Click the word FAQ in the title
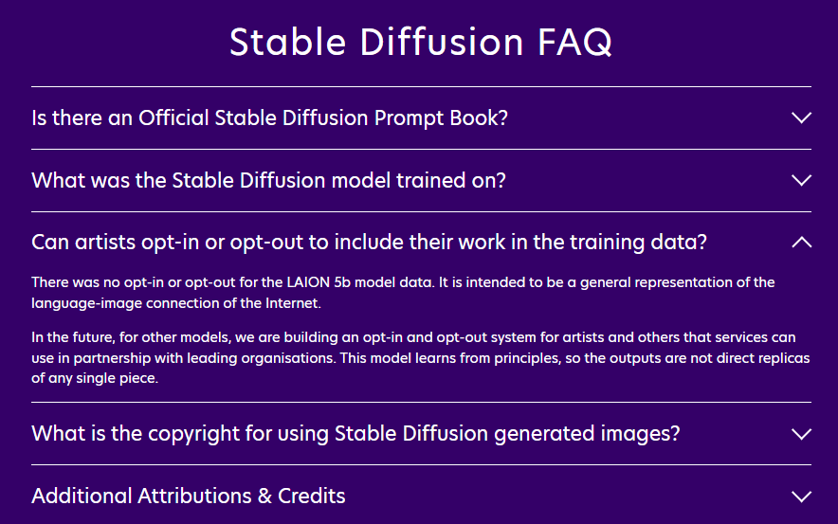point(574,43)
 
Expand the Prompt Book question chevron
point(801,118)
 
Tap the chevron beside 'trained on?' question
point(801,181)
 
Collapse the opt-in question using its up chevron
point(801,243)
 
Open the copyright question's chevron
point(801,434)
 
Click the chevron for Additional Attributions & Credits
point(801,497)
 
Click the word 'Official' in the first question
point(173,118)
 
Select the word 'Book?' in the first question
point(479,118)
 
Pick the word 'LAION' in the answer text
point(308,282)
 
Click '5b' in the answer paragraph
point(342,282)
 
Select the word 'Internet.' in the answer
point(293,303)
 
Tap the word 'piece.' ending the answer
point(140,378)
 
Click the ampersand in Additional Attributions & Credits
point(264,497)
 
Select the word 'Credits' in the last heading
point(312,497)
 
